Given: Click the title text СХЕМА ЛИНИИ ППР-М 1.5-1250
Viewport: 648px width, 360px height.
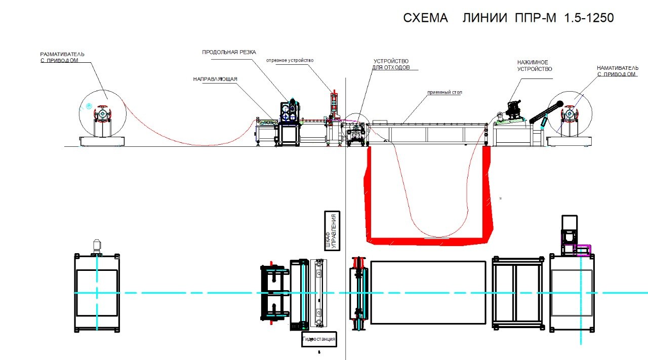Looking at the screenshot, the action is coord(508,18).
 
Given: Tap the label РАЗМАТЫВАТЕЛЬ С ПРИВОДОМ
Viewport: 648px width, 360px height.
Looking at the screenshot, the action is coord(62,57).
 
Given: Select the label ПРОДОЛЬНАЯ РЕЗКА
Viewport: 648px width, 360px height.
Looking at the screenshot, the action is coord(229,52).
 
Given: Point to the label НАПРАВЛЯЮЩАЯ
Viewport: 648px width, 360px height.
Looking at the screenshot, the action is coord(215,79).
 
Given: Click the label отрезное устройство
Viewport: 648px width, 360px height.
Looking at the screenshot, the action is coord(290,60).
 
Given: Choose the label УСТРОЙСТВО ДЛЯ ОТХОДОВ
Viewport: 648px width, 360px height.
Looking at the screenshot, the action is coord(391,64).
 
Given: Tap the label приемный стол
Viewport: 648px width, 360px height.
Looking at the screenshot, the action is coord(444,92).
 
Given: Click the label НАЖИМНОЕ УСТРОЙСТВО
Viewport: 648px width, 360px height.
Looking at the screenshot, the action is coord(535,66).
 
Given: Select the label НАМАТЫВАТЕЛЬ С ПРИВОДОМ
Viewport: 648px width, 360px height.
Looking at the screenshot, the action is coord(617,71).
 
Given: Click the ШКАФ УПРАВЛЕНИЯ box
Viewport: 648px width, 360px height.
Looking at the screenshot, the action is coord(332,231).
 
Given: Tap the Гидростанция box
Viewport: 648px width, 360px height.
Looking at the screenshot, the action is coord(319,339).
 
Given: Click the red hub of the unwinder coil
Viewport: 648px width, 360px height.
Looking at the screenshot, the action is coord(102,114).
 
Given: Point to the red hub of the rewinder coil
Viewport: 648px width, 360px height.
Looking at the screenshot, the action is coord(570,114).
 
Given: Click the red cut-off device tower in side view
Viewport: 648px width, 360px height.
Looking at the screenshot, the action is coord(335,104).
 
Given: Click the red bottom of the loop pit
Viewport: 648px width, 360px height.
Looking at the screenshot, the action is coord(428,241).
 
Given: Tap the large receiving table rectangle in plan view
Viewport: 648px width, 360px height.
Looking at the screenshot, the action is coord(428,292).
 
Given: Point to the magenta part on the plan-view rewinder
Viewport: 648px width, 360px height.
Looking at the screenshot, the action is coord(582,250).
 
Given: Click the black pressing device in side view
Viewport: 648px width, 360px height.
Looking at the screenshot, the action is coord(514,109).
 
